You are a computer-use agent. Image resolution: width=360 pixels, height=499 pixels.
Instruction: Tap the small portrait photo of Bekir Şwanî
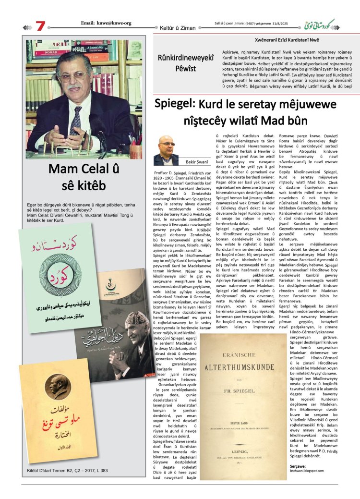[x=166, y=150]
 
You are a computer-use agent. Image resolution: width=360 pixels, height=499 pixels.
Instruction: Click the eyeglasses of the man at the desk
[x=73, y=75]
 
